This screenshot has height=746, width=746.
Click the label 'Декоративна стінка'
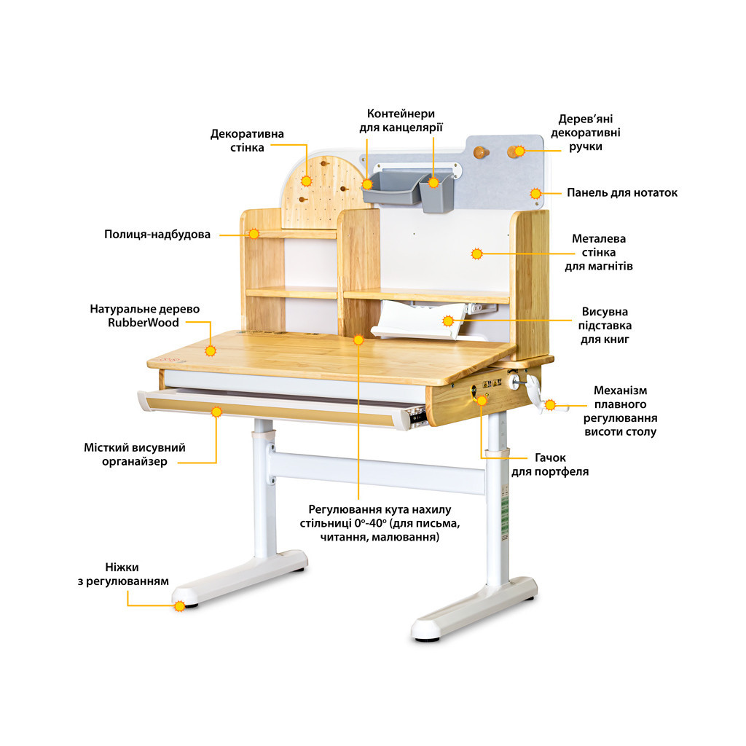247,141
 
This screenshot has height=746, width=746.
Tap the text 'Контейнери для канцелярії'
401,121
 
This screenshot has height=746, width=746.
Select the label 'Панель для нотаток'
622,193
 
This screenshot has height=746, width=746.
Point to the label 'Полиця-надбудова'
157,235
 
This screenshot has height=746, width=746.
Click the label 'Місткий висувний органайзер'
134,455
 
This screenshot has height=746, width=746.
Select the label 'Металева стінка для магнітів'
598,252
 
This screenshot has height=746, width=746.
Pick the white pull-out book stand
418,321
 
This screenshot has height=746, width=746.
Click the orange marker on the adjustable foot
180,605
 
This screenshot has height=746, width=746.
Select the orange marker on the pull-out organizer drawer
216,412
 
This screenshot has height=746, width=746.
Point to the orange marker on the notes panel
535,194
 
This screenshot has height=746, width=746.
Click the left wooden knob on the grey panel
479,152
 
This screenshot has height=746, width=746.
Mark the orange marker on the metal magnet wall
477,254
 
